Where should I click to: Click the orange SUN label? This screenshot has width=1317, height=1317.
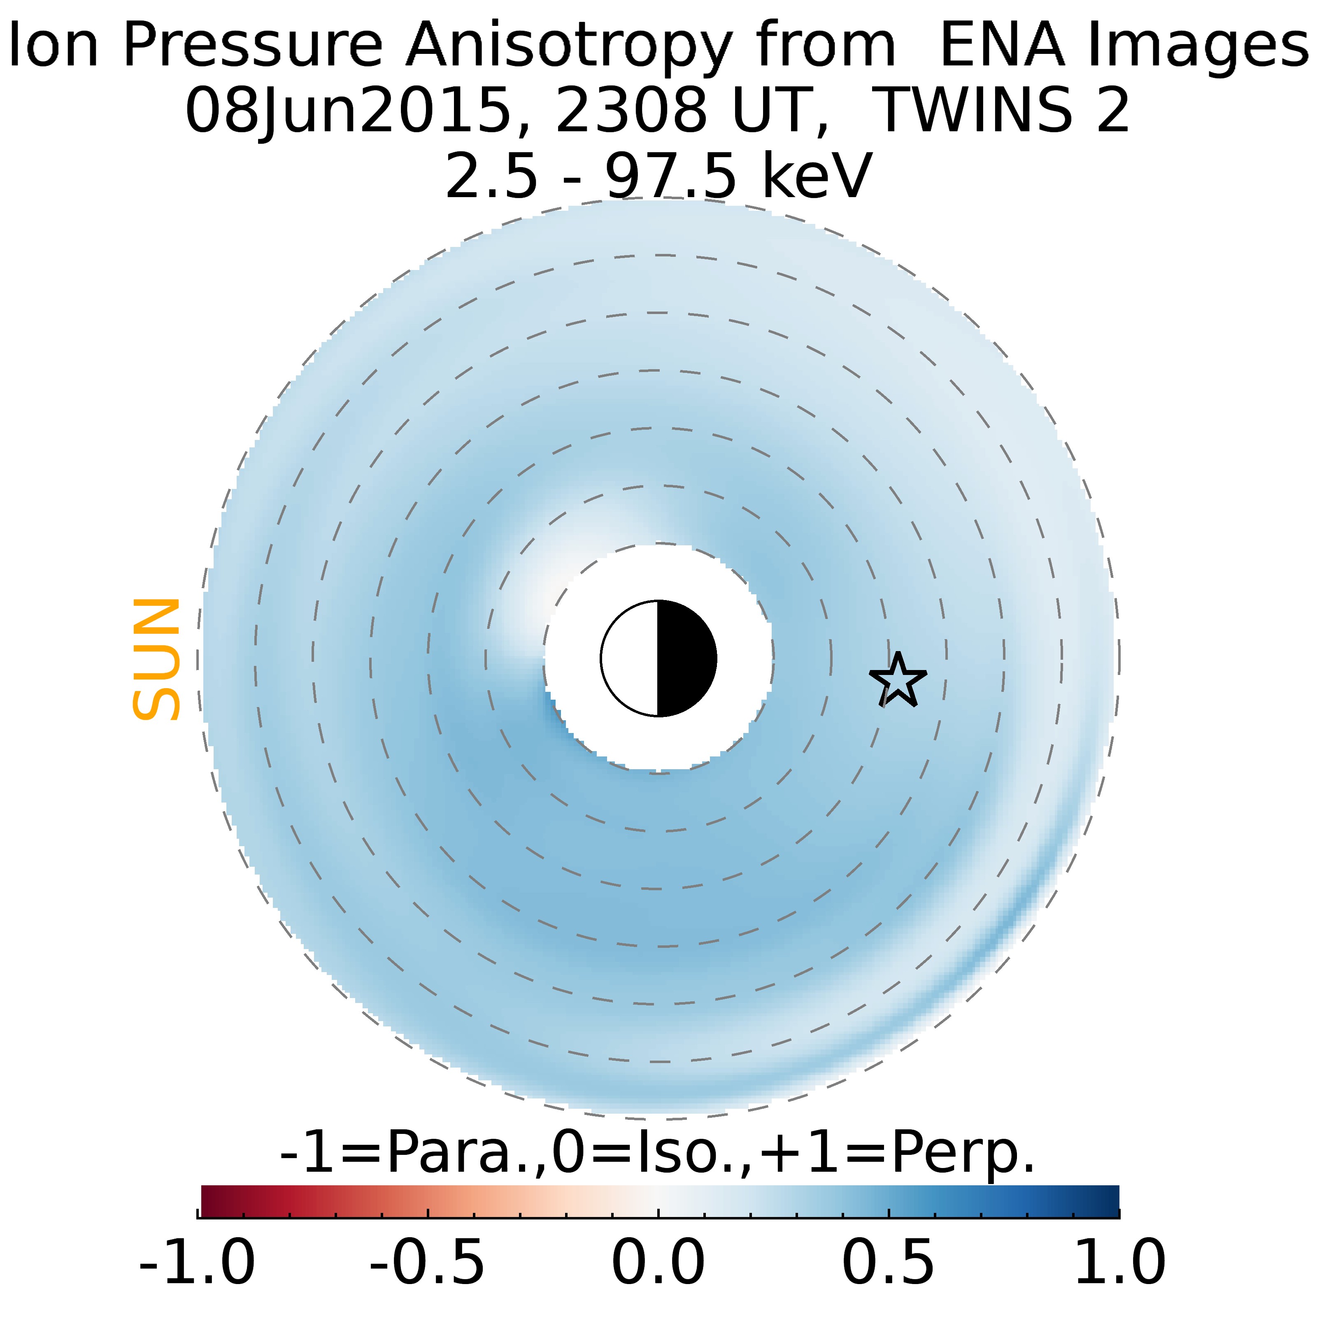pos(156,659)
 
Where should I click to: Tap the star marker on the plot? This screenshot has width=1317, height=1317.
pos(898,680)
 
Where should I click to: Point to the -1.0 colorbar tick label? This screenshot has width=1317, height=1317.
pos(197,1262)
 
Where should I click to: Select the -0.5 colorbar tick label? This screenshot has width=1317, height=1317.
pos(428,1262)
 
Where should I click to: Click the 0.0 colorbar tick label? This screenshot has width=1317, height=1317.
pos(658,1262)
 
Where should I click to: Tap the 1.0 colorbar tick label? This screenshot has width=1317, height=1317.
pos(1119,1262)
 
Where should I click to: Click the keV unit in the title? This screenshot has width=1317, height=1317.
pos(817,175)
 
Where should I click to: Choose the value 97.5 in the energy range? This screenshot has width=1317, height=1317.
pos(671,175)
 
